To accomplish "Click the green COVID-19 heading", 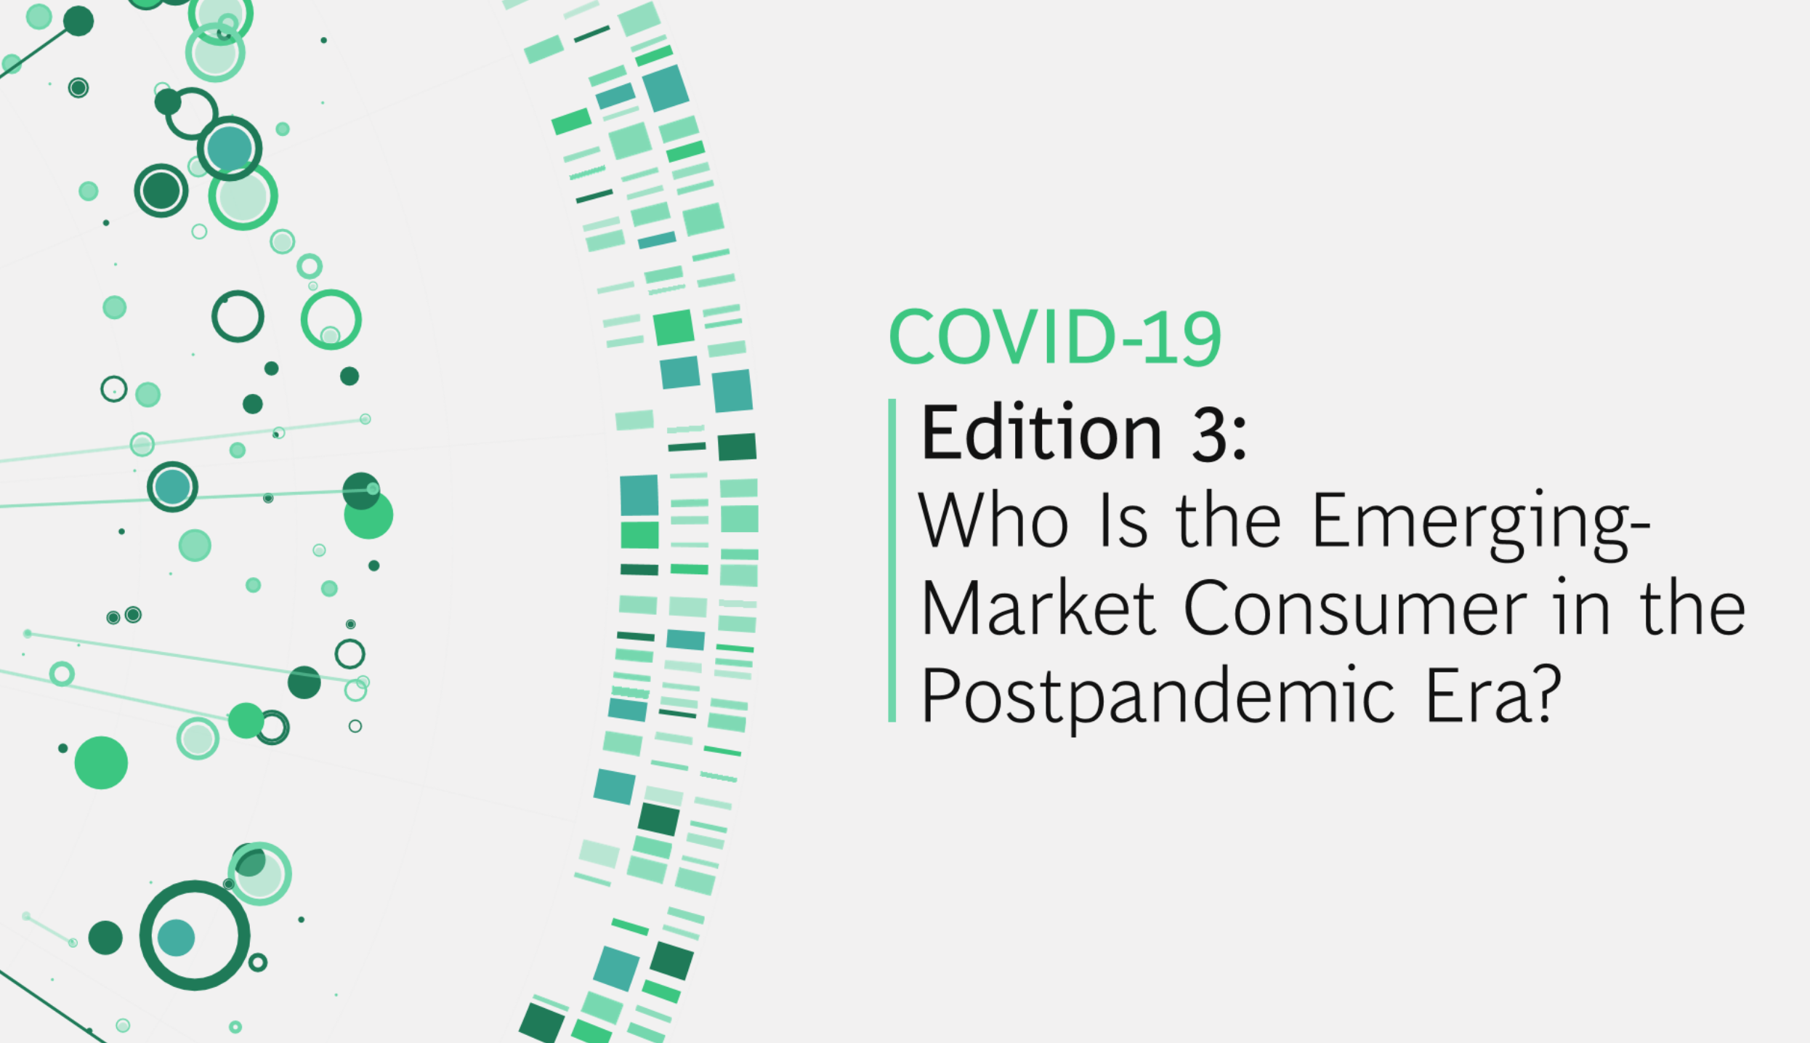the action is point(1054,337).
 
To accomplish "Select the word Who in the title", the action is point(993,520).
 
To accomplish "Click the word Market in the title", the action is point(1038,608).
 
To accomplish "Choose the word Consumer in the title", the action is point(1355,608).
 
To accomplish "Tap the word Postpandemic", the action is point(1158,696).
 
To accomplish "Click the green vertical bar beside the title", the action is point(892,560).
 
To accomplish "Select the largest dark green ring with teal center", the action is point(195,935).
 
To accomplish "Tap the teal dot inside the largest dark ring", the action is point(177,938).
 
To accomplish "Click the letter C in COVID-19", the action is point(913,337).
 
